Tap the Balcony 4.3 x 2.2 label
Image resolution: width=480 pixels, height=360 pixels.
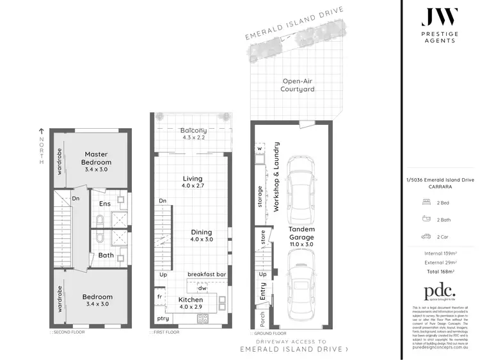point(193,133)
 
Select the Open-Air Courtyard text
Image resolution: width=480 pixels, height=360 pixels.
point(297,85)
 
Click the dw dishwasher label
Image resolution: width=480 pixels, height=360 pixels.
point(202,288)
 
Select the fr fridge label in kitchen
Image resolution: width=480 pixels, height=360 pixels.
point(159,297)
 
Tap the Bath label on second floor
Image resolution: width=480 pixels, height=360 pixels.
point(106,255)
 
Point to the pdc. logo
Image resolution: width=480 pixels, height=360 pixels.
point(437,290)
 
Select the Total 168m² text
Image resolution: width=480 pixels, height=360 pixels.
point(437,271)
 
